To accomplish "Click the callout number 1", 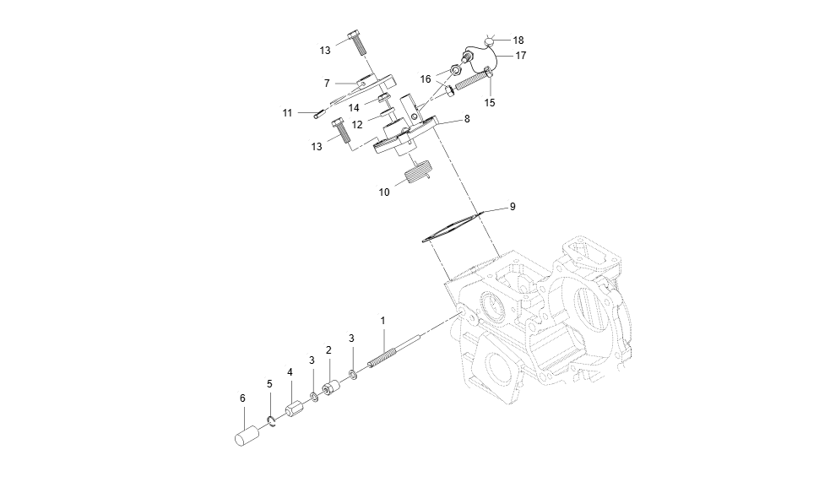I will click(382, 321).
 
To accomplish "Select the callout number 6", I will click(242, 398).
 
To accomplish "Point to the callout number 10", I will click(384, 192).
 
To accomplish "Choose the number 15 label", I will click(490, 102).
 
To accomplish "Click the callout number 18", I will click(518, 40).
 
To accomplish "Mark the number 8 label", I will click(467, 119).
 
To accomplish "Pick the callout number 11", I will click(288, 112).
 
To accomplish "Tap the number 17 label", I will click(521, 55).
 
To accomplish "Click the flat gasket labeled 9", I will click(451, 228).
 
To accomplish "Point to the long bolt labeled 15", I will click(473, 83).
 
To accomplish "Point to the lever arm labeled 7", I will click(372, 85).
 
